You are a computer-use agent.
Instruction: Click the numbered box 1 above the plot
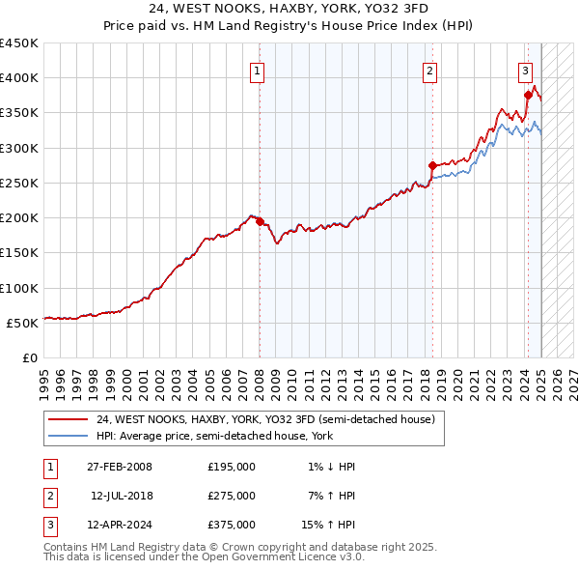click(x=259, y=70)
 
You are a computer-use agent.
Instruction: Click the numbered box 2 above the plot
click(x=428, y=70)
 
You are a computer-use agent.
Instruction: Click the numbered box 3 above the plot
click(x=525, y=70)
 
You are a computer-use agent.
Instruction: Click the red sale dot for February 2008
click(x=260, y=221)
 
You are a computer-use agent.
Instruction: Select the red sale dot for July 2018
click(x=432, y=165)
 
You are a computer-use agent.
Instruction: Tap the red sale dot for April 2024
click(x=529, y=95)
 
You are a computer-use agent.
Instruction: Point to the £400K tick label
click(x=19, y=78)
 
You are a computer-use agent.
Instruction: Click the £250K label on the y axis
click(x=19, y=183)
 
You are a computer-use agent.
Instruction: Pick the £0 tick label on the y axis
click(x=28, y=357)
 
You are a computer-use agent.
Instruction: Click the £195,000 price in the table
click(x=232, y=467)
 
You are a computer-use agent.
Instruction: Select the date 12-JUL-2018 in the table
click(x=122, y=496)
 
